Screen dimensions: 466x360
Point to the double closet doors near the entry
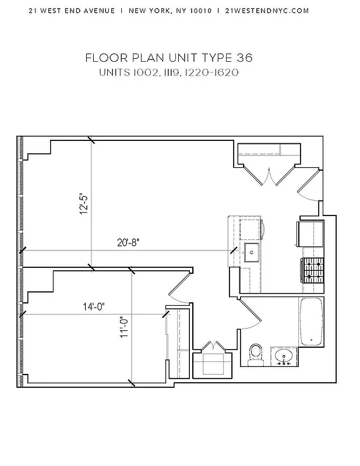(x=268, y=174)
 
